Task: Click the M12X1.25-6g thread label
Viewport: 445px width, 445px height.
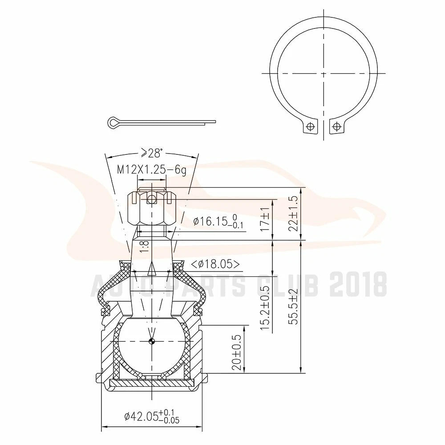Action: [x=152, y=170]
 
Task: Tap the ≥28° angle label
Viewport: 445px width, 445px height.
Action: [x=152, y=153]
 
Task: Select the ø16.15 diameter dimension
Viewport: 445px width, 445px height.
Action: [x=218, y=221]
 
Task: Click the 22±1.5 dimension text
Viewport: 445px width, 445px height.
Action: [x=293, y=214]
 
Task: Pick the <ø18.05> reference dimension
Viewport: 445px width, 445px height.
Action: [x=215, y=264]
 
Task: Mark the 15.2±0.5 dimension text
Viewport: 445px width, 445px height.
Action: [x=265, y=306]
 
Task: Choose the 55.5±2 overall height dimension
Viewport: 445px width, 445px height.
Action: [x=293, y=307]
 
